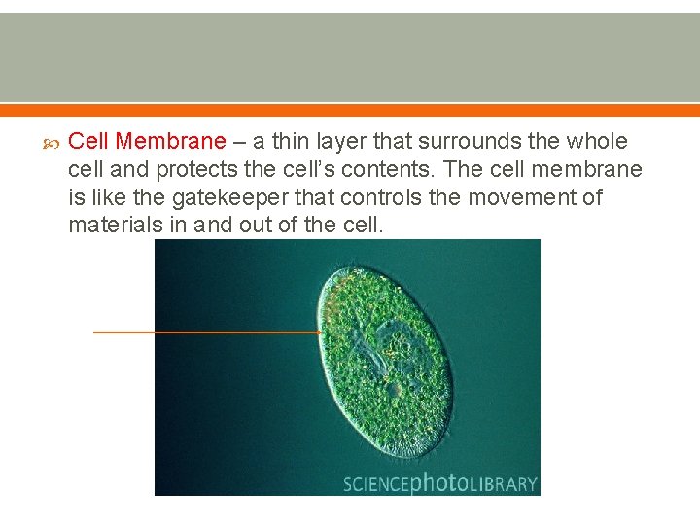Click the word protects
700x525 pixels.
point(193,170)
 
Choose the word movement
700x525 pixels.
point(518,198)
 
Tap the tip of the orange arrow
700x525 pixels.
point(322,332)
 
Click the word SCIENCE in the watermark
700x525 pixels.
point(376,483)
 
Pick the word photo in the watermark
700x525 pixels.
point(435,483)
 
